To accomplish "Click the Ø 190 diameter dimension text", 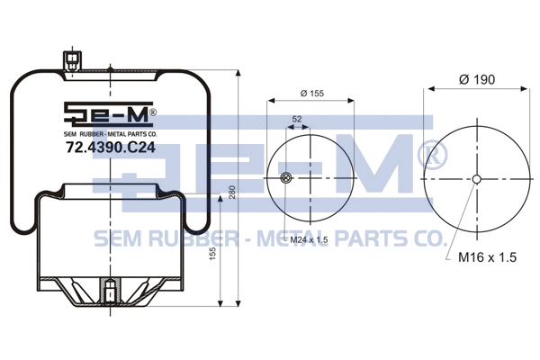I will [477, 79].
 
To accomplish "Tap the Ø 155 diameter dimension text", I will [310, 94].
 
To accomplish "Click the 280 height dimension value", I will [232, 193].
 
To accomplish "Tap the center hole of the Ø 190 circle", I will [476, 178].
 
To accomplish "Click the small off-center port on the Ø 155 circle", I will [286, 178].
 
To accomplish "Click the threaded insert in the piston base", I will [109, 293].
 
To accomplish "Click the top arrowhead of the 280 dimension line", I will [238, 71].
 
